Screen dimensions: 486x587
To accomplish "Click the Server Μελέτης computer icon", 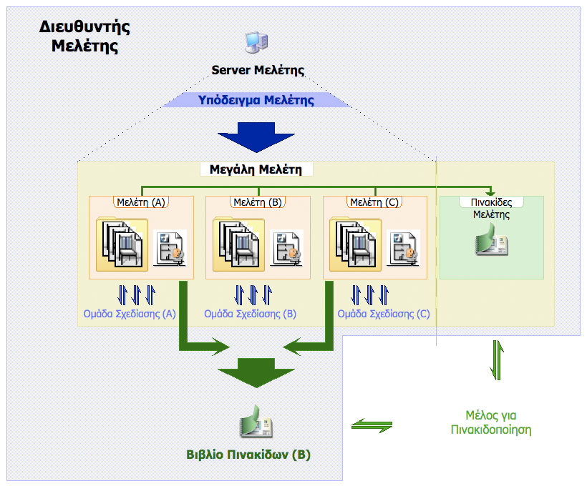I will click(x=256, y=44).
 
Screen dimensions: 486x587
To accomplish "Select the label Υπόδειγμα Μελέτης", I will click(x=256, y=100).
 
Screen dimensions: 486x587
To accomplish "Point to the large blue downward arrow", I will click(x=256, y=137).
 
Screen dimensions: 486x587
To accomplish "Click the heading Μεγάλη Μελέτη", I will click(x=256, y=170).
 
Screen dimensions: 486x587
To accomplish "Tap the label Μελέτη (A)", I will click(x=141, y=202).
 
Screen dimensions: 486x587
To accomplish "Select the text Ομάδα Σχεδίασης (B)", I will click(x=251, y=314).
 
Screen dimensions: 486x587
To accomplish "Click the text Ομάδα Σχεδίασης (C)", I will click(x=384, y=314).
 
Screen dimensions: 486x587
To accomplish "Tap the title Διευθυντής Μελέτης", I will click(x=84, y=37).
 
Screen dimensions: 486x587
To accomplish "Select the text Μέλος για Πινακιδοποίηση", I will click(x=491, y=422).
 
